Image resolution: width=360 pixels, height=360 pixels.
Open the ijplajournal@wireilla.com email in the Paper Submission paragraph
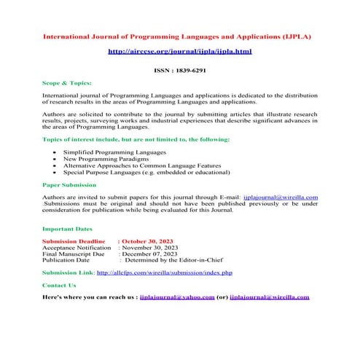(281, 197)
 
